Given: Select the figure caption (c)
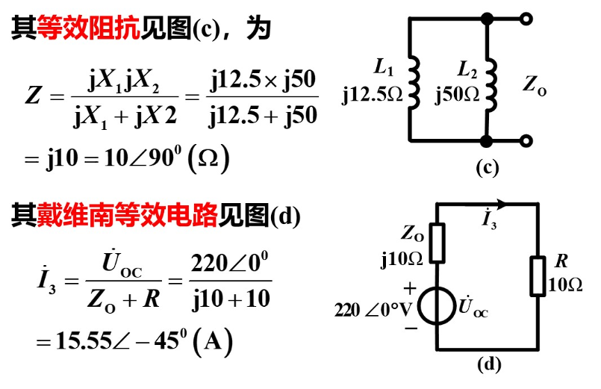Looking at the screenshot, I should pyautogui.click(x=488, y=167).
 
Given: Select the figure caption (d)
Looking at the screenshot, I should pyautogui.click(x=489, y=364).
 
